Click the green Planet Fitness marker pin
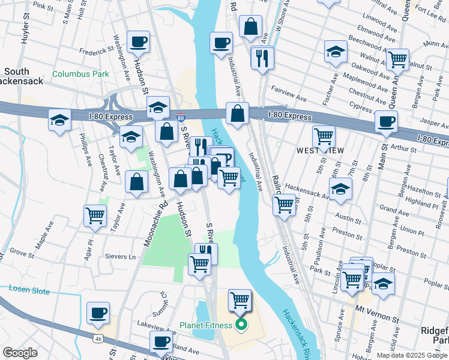coord(241,326)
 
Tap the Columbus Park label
coord(80,74)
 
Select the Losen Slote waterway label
coord(29,289)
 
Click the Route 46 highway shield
coord(97,338)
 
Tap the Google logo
coord(20,353)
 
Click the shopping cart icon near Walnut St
coord(397,59)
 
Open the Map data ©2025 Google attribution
coord(411,355)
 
